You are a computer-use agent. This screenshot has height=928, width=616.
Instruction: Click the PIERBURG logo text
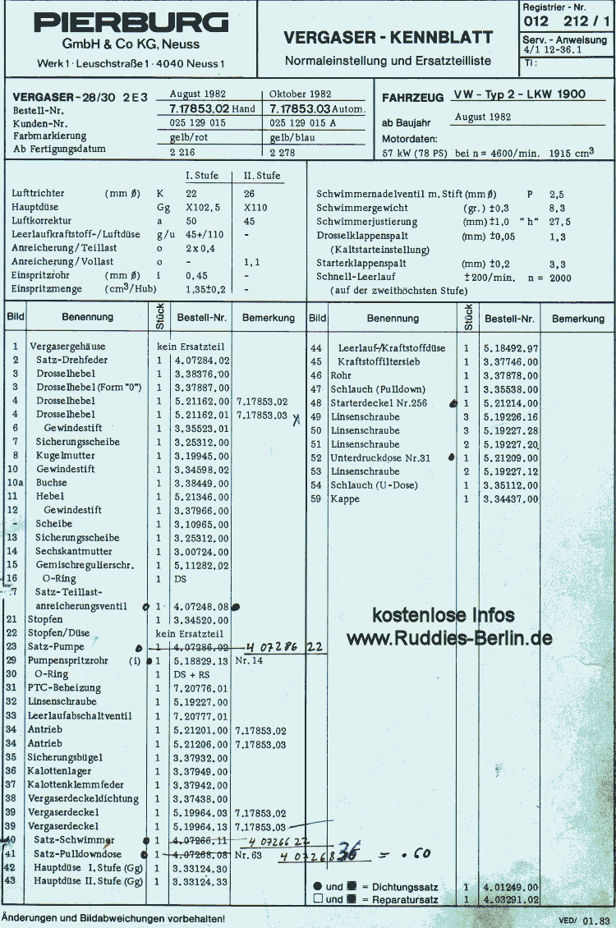pos(131,22)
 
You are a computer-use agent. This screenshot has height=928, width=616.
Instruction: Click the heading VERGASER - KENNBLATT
pos(388,38)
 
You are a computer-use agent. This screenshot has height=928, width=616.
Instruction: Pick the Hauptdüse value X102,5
pos(204,208)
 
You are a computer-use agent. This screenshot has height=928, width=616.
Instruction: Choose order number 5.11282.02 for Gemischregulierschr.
pos(201,565)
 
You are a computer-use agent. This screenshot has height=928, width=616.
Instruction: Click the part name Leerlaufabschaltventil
pos(80,715)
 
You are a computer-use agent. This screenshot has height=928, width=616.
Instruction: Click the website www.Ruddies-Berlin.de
pos(448,638)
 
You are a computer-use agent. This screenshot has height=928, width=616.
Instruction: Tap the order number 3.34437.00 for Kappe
pos(511,498)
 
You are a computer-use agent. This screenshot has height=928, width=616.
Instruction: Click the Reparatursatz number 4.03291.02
pos(511,900)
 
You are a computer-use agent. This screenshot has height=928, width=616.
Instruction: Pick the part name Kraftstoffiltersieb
pos(380,361)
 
